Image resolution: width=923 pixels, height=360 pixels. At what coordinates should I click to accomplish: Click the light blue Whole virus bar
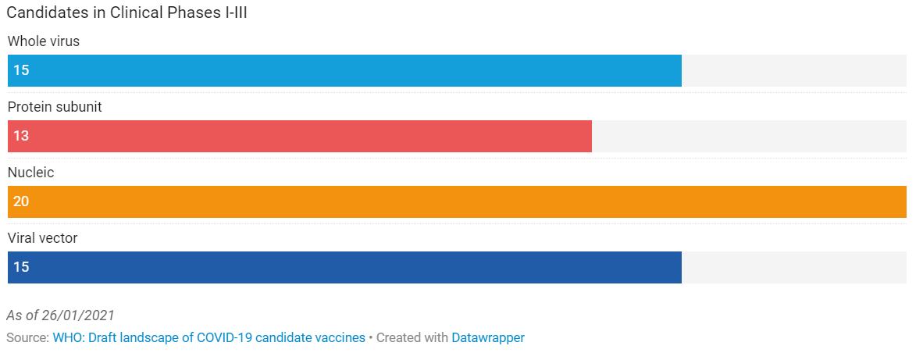tap(344, 70)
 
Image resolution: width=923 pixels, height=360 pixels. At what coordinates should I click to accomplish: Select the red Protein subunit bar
tap(300, 137)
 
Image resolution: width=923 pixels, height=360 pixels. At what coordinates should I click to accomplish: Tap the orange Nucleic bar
tap(457, 201)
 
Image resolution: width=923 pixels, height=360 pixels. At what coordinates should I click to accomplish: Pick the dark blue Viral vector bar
tap(344, 268)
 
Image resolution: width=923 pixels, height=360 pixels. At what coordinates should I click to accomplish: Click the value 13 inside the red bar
tap(21, 137)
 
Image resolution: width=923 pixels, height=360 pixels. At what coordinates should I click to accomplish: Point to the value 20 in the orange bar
tap(21, 201)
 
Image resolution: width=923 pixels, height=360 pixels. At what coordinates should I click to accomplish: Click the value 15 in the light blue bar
tap(21, 70)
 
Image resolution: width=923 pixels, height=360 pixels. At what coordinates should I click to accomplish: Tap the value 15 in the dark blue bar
tap(21, 268)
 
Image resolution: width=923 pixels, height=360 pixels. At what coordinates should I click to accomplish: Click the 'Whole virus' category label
tap(44, 41)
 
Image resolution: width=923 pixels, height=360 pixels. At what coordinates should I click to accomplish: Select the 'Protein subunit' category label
tap(55, 107)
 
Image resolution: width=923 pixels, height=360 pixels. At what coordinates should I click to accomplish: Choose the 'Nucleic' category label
tap(30, 173)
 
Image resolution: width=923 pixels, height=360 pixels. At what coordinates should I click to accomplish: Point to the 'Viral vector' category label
tap(42, 238)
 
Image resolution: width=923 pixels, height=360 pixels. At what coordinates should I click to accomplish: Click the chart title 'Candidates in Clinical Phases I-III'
tap(127, 13)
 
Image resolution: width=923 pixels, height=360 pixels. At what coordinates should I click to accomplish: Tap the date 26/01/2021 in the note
tap(78, 315)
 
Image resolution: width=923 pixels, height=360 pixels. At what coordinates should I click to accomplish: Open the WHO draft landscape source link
tap(209, 338)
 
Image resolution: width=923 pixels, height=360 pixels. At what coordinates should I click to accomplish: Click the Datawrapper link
tap(488, 338)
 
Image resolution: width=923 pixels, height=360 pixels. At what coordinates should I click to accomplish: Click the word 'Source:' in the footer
tap(28, 338)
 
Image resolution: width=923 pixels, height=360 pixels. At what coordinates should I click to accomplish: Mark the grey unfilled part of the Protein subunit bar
tap(749, 137)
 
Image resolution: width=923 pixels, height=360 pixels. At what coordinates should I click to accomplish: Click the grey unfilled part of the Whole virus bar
tap(794, 70)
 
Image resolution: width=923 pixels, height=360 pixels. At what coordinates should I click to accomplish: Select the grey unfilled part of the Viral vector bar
tap(794, 268)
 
